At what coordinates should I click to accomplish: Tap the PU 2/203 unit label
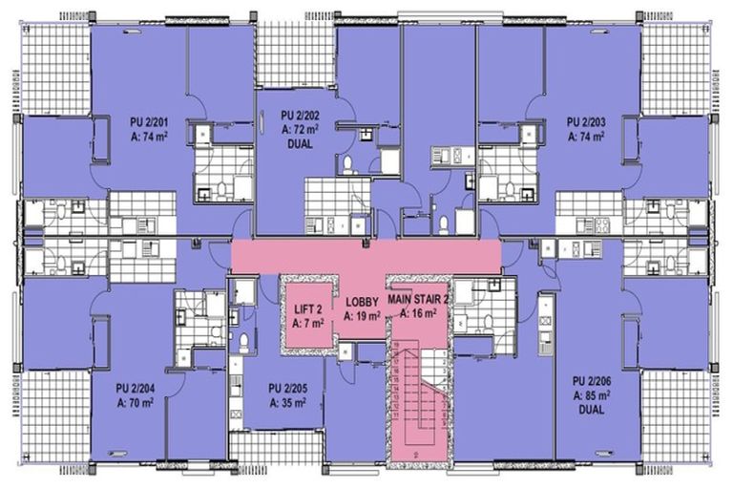(x=586, y=122)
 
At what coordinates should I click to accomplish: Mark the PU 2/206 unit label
(x=592, y=379)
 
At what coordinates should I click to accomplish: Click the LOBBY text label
(x=362, y=301)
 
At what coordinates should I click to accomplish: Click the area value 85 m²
(x=592, y=393)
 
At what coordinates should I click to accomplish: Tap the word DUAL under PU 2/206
(x=592, y=408)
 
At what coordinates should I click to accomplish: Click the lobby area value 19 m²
(x=362, y=315)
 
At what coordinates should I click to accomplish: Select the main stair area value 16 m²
(x=418, y=312)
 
